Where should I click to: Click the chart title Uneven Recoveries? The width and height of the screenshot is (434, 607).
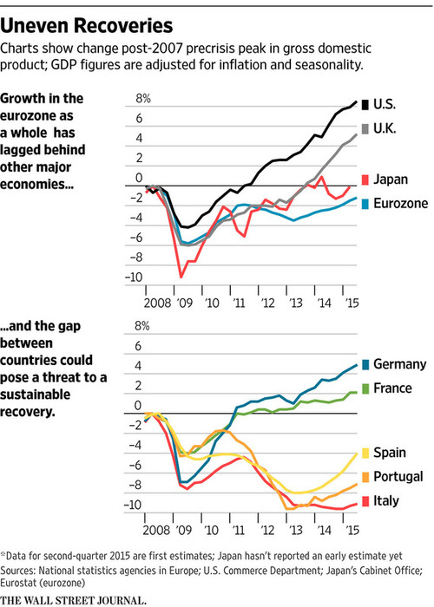point(87,26)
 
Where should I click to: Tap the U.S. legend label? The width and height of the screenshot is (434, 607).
point(385,104)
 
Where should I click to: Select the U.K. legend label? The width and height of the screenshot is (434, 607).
point(385,128)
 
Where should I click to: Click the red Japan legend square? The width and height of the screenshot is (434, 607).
point(365,179)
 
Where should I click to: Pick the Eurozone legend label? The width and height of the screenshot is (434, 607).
point(401,203)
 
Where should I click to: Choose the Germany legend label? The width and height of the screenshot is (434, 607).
point(399,364)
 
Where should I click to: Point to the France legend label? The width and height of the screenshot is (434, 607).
point(392,388)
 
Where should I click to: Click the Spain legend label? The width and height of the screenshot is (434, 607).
point(390,453)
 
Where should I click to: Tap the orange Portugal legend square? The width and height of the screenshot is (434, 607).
point(365,477)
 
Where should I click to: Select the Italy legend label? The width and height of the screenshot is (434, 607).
point(386,501)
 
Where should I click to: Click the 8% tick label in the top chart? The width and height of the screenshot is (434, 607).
point(143,99)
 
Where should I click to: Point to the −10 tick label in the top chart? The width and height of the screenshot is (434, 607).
point(134,277)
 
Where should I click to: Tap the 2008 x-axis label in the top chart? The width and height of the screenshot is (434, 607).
point(157,303)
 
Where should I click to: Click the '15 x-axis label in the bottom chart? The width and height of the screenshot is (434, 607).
point(352,530)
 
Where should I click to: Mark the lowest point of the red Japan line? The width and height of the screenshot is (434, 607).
point(181,277)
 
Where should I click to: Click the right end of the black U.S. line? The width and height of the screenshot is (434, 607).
point(356,101)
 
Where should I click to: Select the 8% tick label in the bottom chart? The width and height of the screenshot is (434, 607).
point(142,326)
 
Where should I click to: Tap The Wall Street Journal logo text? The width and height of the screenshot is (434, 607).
point(73,600)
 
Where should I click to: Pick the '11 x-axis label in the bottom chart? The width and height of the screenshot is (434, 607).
point(239,530)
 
